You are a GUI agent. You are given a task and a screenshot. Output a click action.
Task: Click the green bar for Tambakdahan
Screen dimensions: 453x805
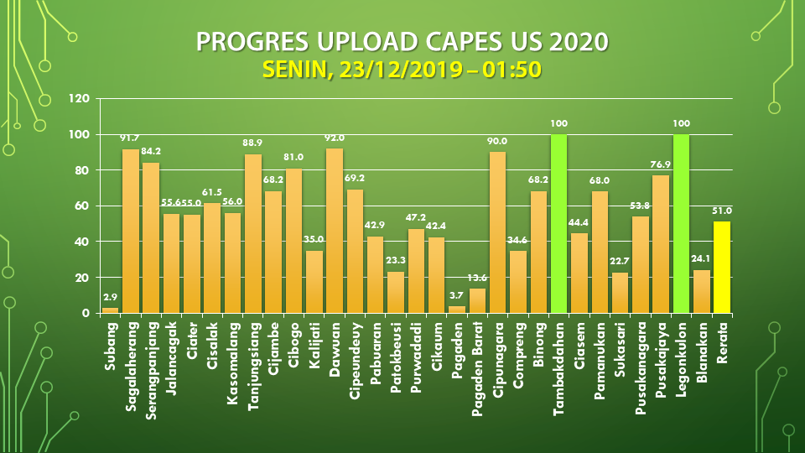[x=559, y=223]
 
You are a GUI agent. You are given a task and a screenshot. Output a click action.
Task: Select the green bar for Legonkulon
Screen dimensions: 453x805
[x=681, y=223]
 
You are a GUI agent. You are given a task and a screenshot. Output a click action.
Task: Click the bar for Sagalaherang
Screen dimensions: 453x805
[x=131, y=231]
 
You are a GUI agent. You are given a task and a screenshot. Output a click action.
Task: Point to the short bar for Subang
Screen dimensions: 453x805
[x=111, y=310]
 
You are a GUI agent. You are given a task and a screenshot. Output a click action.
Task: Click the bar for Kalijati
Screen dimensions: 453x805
[x=314, y=281]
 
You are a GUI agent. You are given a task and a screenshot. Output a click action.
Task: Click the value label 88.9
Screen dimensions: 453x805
[x=253, y=143]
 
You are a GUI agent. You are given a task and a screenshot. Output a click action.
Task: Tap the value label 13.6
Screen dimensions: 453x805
[x=477, y=278]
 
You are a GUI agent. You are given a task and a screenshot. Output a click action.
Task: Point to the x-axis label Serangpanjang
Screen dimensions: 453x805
[x=151, y=366]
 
